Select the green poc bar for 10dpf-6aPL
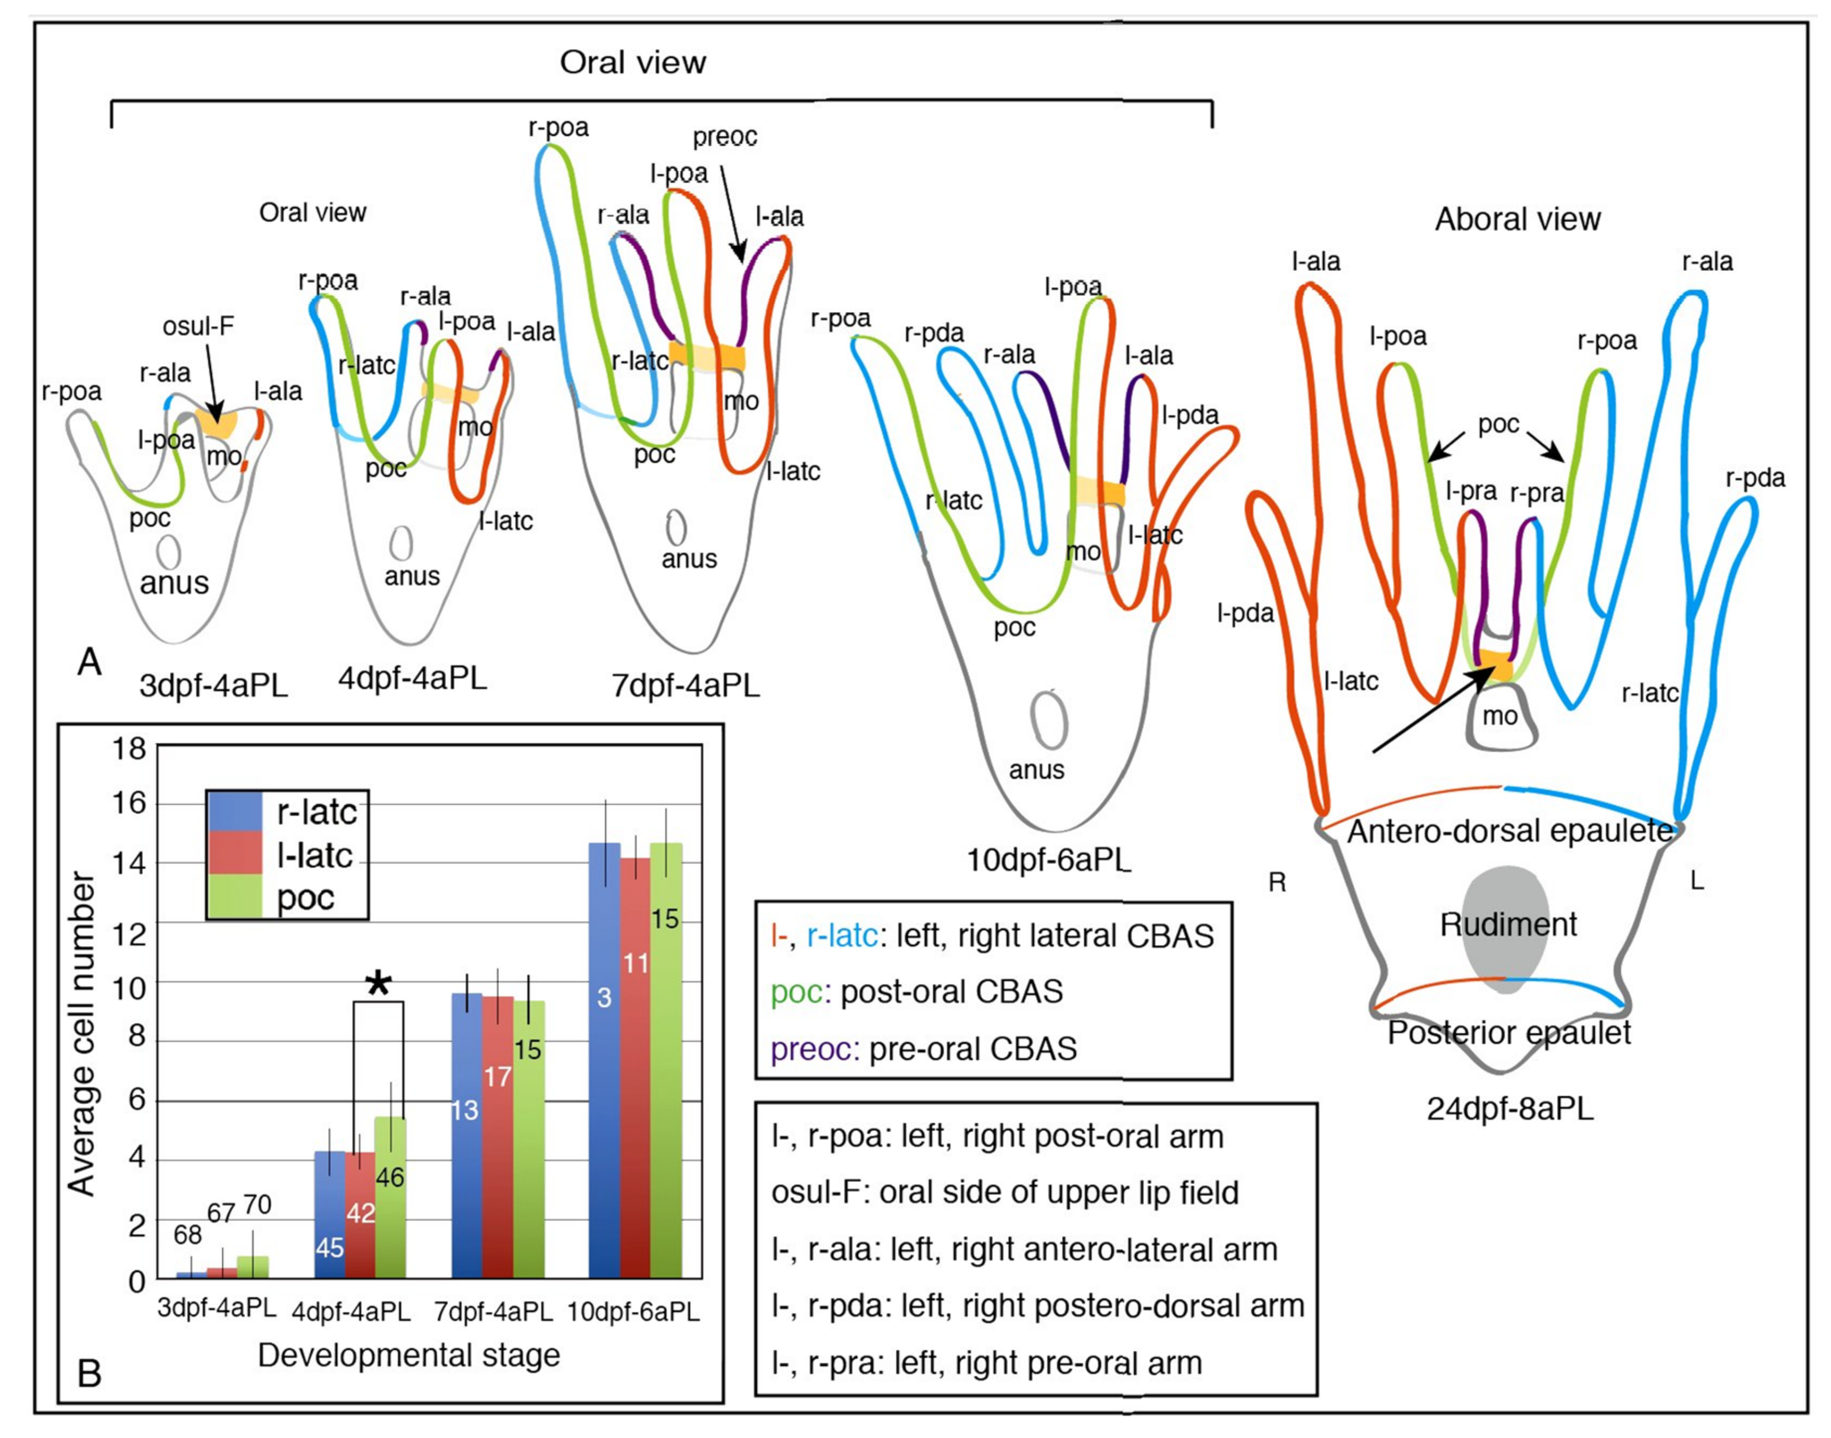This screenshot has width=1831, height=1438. click(x=666, y=1061)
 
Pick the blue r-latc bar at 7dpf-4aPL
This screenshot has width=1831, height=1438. click(x=467, y=1136)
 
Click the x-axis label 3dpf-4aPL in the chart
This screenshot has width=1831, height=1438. click(x=217, y=1308)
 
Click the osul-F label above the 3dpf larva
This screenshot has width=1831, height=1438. click(x=198, y=326)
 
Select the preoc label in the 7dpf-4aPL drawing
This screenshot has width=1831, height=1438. click(x=724, y=136)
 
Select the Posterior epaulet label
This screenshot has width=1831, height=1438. click(x=1509, y=1032)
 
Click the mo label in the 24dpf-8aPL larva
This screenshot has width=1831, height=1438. click(x=1499, y=716)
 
